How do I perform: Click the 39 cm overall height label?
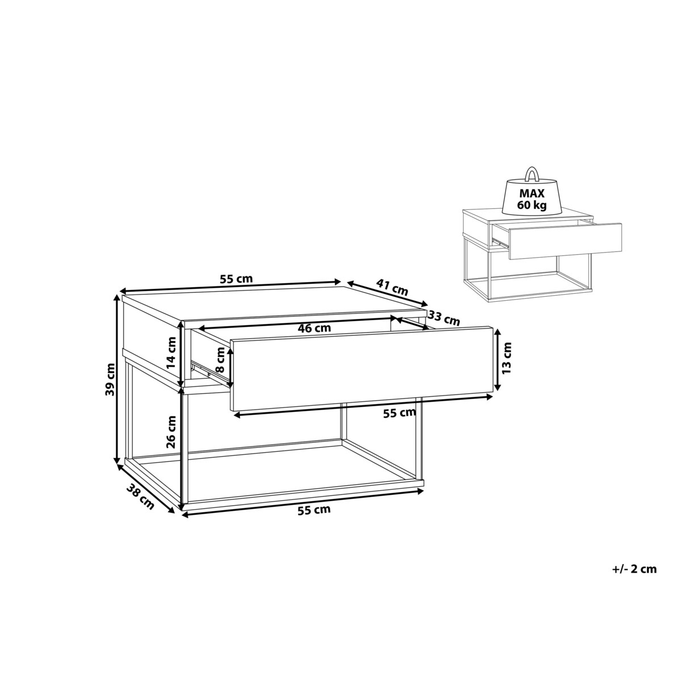pyautogui.click(x=111, y=379)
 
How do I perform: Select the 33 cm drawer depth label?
pyautogui.click(x=444, y=319)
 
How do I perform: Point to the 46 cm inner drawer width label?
pyautogui.click(x=314, y=328)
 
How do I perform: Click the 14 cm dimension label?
pyautogui.click(x=172, y=352)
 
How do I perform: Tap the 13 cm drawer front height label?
pyautogui.click(x=507, y=358)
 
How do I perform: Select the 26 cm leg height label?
pyautogui.click(x=171, y=432)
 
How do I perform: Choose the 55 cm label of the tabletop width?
pyautogui.click(x=237, y=279)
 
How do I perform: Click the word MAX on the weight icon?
pyautogui.click(x=532, y=194)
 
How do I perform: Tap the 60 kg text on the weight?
pyautogui.click(x=532, y=205)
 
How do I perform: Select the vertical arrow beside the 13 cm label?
pyautogui.click(x=497, y=359)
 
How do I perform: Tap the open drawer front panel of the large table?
pyautogui.click(x=361, y=369)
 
